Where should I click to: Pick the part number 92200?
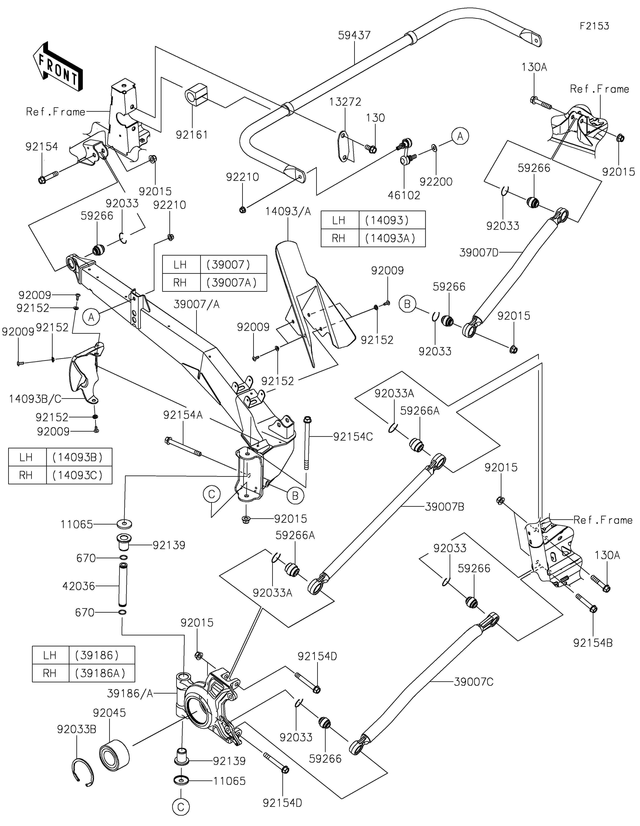tap(436, 182)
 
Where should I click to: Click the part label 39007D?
tap(479, 253)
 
